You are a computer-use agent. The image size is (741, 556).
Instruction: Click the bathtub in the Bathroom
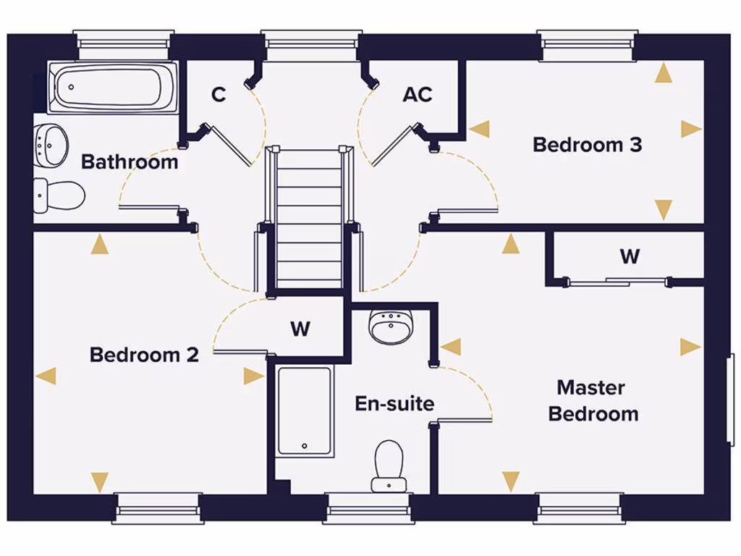pos(113,88)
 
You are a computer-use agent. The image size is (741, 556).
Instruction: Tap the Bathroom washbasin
pos(50,145)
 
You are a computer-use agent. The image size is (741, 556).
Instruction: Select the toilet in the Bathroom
pos(59,195)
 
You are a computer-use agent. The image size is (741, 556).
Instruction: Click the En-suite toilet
pos(389,466)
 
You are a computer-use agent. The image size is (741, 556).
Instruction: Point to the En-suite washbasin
pos(390,327)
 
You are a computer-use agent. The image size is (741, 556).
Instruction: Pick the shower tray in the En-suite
pos(305,411)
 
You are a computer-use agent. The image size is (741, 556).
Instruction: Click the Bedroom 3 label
pos(588,145)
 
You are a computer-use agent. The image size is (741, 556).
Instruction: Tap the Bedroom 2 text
pos(144,355)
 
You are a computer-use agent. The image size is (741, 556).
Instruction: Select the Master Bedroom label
pos(593,400)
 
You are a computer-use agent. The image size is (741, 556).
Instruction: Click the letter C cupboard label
pos(219,95)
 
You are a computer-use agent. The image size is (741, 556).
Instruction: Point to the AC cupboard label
pos(418,95)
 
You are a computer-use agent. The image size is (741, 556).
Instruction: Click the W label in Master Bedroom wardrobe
pos(630,256)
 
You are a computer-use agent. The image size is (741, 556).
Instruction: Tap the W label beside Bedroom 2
pos(300,329)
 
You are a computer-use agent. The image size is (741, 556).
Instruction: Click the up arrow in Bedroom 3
pos(664,73)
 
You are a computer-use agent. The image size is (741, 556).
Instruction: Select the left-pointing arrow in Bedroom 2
pos(46,376)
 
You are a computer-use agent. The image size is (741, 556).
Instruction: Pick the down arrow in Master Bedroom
pos(511,481)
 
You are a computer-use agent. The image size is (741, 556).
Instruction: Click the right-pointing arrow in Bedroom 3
pos(691,129)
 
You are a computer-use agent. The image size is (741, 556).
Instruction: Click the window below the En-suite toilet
pos(368,509)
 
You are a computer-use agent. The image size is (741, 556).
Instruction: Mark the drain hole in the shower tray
pos(305,446)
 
